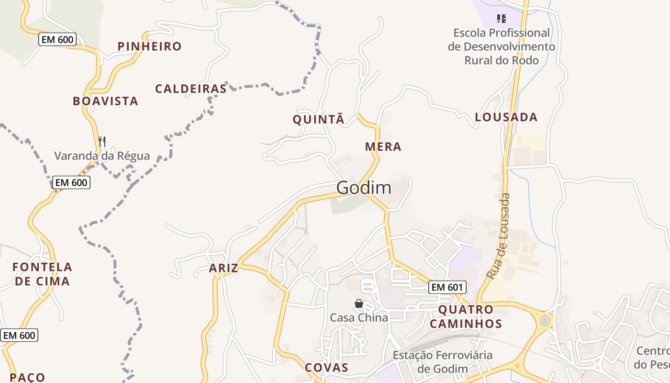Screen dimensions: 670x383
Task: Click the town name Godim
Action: pos(364,188)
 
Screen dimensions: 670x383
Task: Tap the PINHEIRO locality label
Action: pos(150,46)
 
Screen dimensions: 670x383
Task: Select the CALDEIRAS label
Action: pos(190,89)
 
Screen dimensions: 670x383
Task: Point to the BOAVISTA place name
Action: pos(105,101)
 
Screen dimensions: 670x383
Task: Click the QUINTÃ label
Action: pos(318,120)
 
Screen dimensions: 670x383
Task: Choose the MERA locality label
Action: pos(383,147)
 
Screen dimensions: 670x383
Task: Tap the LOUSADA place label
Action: pos(506,117)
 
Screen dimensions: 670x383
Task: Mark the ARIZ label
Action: pos(223,268)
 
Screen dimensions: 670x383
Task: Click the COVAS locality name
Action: pos(327,368)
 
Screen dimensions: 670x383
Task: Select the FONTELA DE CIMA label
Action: pos(43,274)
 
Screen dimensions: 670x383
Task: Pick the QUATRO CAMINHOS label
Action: pos(466,316)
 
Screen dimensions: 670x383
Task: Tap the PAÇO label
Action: pos(27,377)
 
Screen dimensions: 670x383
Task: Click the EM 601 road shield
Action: pos(447,287)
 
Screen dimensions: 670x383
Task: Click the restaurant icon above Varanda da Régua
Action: pos(101,141)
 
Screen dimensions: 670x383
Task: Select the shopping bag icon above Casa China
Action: pos(359,304)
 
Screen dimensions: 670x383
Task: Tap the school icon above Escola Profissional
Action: pos(501,19)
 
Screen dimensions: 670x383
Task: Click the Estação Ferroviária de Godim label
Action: pos(442,362)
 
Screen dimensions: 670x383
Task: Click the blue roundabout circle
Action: pos(545,320)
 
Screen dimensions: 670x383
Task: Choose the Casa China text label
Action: pos(359,317)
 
